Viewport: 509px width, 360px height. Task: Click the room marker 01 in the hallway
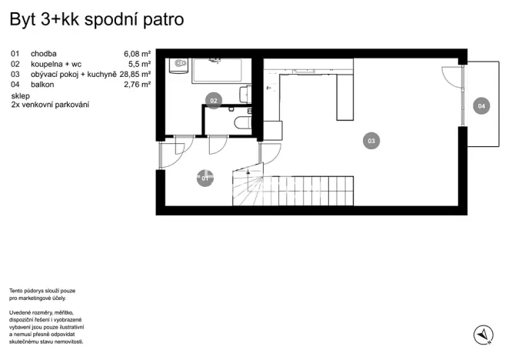pos(205,179)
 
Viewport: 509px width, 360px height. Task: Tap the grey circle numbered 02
pos(214,99)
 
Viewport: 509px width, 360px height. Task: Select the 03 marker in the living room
pos(371,141)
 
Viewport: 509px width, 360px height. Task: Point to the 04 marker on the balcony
pos(481,105)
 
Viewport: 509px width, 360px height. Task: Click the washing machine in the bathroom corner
pos(178,65)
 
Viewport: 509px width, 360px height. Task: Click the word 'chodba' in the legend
pos(43,54)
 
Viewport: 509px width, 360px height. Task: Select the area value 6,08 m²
pos(137,54)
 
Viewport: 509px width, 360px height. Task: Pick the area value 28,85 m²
pos(135,75)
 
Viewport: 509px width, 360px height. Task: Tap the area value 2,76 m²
pos(137,85)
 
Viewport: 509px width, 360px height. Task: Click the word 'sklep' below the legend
pos(20,95)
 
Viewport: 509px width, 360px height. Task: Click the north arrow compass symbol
pos(483,334)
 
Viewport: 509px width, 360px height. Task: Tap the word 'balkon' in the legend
pos(43,85)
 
